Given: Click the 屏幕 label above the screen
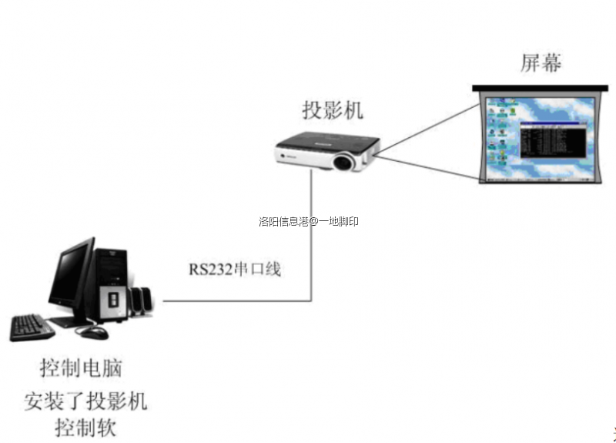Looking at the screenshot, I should point(541,63).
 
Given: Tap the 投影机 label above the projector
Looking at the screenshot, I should point(332,110).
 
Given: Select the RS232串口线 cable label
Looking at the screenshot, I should point(236,270).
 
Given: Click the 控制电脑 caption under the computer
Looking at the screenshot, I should point(81,367).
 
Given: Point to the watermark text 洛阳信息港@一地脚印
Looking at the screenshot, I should point(309,222).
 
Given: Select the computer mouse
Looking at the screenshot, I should point(93,333).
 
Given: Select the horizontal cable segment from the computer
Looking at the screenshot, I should point(231,300).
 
